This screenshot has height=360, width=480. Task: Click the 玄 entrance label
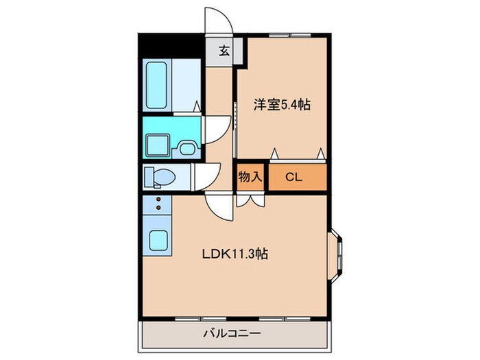click(x=224, y=50)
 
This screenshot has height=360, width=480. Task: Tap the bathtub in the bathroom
click(x=158, y=85)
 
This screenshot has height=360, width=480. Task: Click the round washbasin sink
click(x=186, y=145)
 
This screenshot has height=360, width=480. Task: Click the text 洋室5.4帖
click(x=282, y=105)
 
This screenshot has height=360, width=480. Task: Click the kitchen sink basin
click(x=160, y=241)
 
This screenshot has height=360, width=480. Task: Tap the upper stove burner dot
click(x=159, y=200)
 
